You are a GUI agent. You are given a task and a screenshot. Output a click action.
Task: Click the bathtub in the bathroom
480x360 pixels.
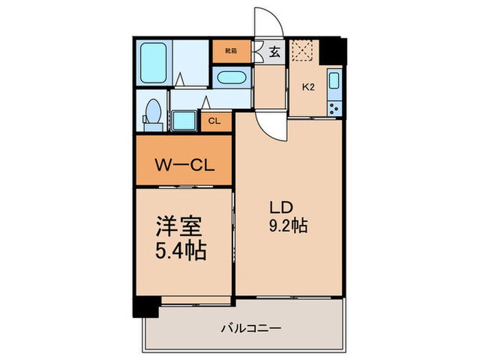153,63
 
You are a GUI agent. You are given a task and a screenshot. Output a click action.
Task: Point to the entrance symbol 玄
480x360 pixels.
274,51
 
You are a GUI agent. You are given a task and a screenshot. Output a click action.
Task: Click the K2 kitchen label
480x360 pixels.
309,87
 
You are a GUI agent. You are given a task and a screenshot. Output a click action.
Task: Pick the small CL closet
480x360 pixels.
214,122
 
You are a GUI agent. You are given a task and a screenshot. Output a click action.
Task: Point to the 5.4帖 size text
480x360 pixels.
180,250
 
